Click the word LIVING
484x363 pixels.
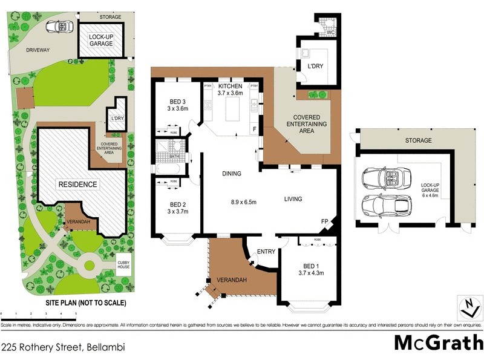click(293, 199)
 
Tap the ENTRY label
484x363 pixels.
click(266, 251)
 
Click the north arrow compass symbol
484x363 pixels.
click(466, 307)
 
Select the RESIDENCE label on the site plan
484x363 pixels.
click(77, 184)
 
